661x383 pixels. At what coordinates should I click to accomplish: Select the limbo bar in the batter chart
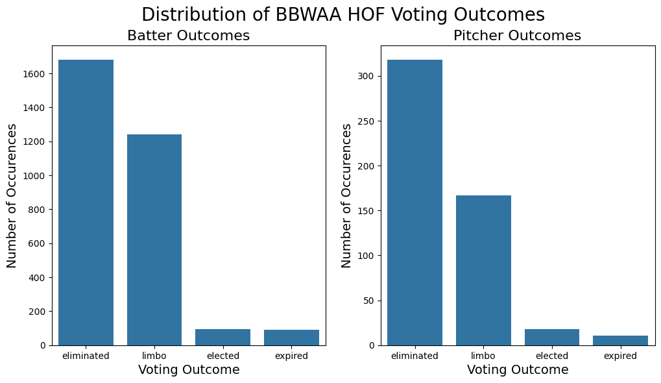[x=154, y=240]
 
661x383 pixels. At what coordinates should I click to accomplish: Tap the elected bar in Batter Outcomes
[x=222, y=337]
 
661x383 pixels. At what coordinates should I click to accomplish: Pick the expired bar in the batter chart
[x=291, y=338]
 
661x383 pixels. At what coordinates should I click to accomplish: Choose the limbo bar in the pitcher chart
[x=483, y=270]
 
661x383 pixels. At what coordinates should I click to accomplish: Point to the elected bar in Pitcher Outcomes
[x=552, y=337]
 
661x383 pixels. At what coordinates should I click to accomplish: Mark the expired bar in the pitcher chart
[x=620, y=340]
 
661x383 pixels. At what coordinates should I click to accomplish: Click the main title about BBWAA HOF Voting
[x=343, y=15]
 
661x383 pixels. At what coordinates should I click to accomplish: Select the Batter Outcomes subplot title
[x=188, y=36]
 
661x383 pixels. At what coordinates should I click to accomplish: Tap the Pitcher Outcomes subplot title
[x=517, y=36]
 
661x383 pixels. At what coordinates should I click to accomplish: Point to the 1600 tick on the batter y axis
[x=35, y=74]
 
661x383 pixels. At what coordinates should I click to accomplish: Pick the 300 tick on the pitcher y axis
[x=367, y=77]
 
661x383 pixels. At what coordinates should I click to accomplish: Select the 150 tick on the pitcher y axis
[x=367, y=211]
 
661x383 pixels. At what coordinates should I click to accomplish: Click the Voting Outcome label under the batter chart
[x=189, y=370]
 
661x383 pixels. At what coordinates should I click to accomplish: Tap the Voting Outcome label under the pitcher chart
[x=518, y=370]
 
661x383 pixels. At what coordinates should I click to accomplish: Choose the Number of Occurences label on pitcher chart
[x=346, y=195]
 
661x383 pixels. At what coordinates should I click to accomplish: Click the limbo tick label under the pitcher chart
[x=483, y=356]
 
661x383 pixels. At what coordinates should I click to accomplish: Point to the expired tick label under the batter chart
[x=291, y=356]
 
